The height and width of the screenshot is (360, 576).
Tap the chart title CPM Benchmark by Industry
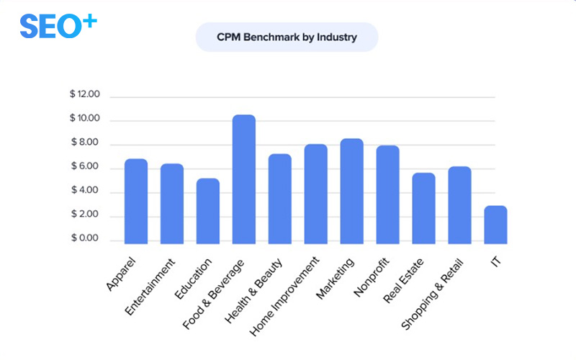point(287,37)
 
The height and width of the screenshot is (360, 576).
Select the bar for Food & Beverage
point(243,180)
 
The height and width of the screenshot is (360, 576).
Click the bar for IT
point(495,225)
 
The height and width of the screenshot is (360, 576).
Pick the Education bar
point(208,211)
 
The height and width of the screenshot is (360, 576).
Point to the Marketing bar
point(351,192)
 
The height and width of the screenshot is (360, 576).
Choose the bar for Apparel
point(136,202)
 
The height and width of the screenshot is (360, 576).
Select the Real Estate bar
point(423,208)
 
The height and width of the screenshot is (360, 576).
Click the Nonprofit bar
point(387,194)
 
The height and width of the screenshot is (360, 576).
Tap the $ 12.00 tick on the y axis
point(85,94)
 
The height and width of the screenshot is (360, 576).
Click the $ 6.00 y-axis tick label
point(85,166)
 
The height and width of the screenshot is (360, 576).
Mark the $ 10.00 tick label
point(85,119)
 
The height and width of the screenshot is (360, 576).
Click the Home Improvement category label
point(285,297)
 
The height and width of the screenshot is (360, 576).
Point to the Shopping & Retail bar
point(459,205)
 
